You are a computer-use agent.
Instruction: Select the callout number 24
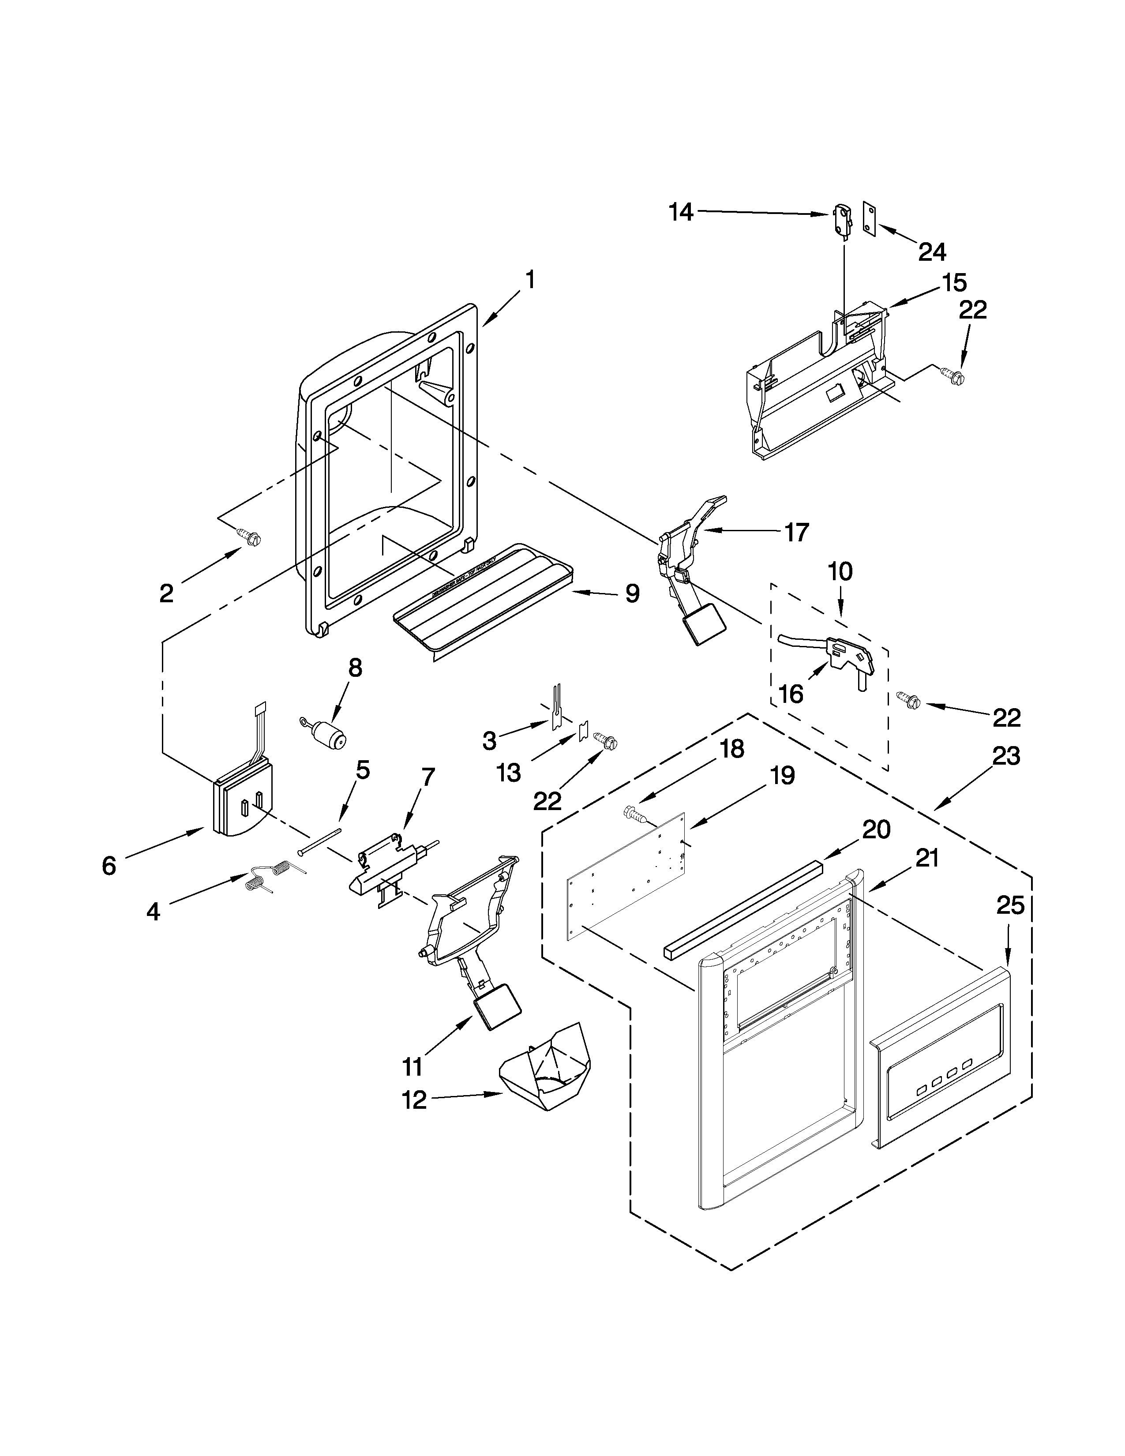pyautogui.click(x=932, y=251)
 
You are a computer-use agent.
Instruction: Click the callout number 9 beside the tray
pyautogui.click(x=632, y=593)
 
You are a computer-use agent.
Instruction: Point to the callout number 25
pyautogui.click(x=1010, y=906)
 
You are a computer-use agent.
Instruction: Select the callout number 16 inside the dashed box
pyautogui.click(x=791, y=694)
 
